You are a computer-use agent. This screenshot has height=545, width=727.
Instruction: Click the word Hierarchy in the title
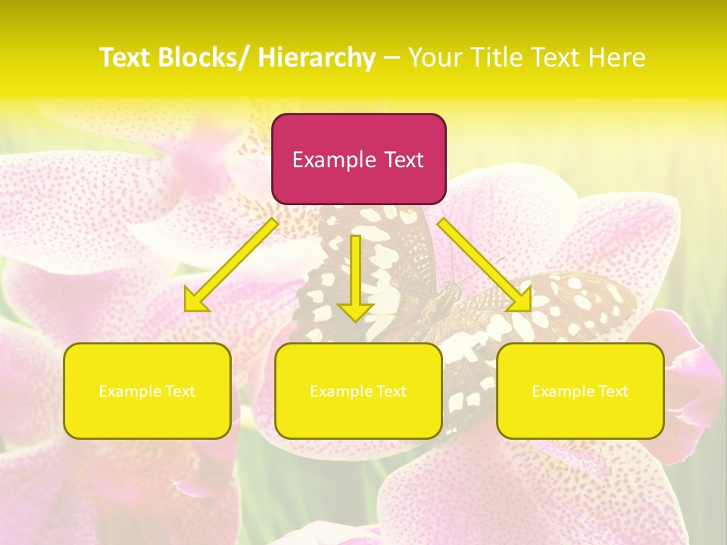point(317,58)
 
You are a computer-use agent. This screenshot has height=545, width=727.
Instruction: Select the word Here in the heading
point(616,58)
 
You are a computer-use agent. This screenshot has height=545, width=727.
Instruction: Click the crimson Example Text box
point(358,159)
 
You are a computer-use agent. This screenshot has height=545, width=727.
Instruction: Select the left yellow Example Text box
point(147,391)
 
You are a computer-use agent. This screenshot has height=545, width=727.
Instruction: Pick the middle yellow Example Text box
point(358,391)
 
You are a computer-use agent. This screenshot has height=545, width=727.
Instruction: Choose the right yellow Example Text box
point(580,391)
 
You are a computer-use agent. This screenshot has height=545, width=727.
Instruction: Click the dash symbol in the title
point(392,58)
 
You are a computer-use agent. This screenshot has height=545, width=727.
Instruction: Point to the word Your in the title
point(435,58)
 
